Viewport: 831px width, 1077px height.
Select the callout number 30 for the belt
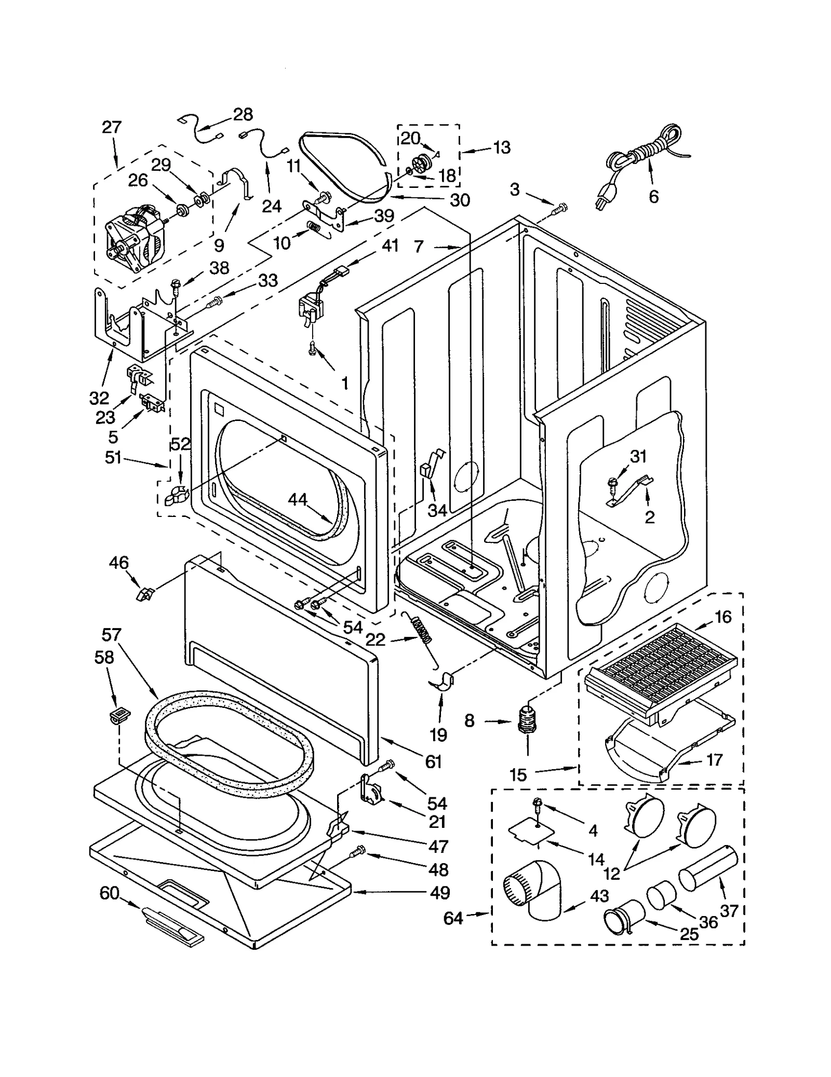459,200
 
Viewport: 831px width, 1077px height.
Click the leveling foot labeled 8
528,720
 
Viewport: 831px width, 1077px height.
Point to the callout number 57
111,634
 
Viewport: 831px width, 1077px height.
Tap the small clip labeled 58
119,716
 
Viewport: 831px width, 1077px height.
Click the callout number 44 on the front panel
298,499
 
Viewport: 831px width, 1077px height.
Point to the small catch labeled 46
144,593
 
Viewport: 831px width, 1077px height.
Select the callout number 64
453,918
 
